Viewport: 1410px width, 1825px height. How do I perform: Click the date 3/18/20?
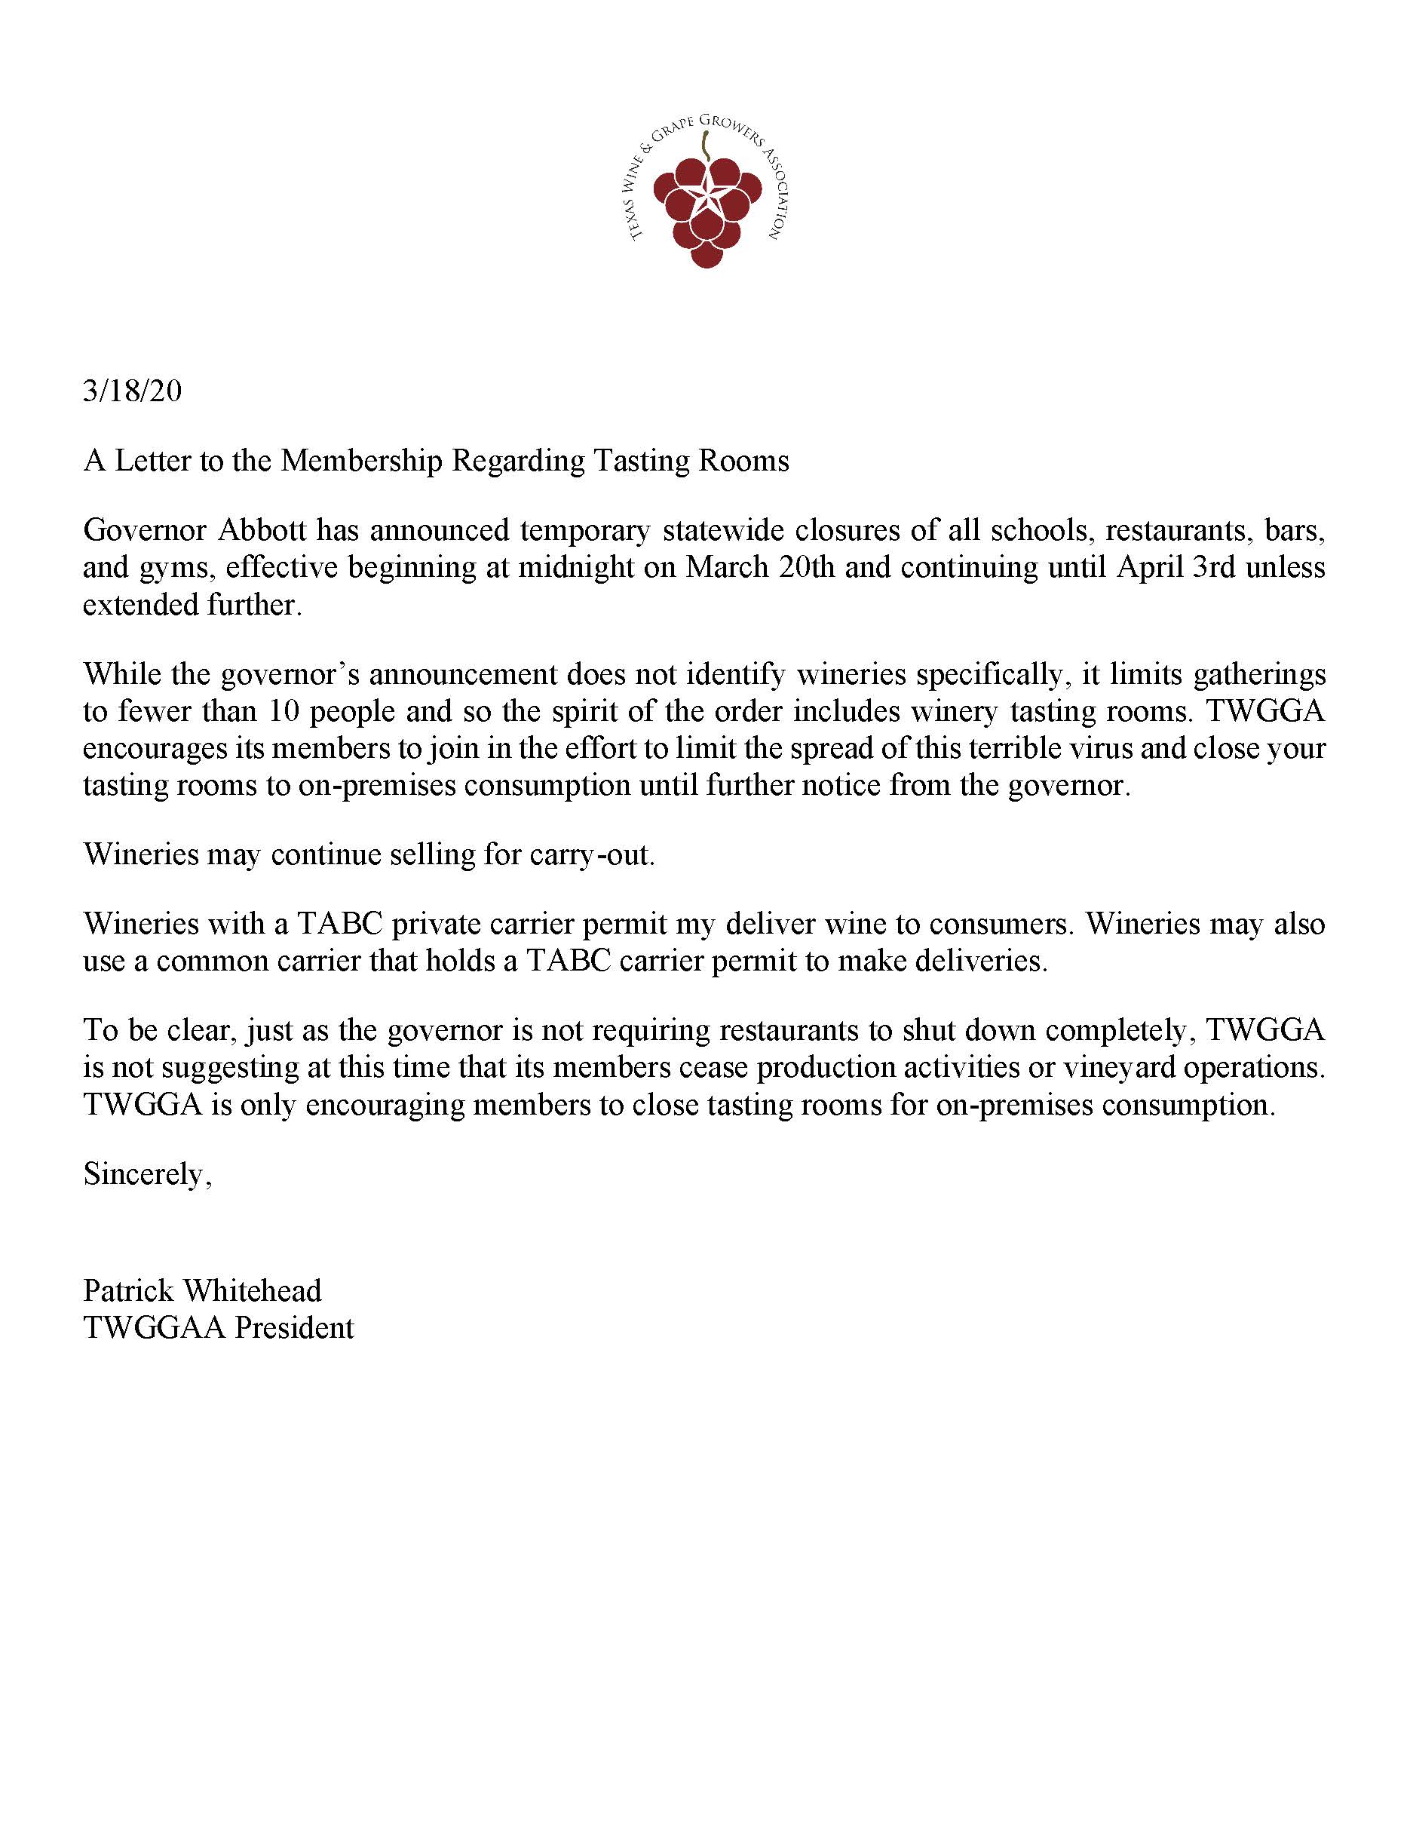[x=132, y=391]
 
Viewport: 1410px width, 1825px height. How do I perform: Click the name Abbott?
[x=262, y=530]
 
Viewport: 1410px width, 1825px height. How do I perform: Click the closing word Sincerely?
[x=147, y=1175]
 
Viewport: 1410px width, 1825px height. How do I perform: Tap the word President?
[x=294, y=1327]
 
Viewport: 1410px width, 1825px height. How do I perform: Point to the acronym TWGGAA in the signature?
[x=155, y=1327]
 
